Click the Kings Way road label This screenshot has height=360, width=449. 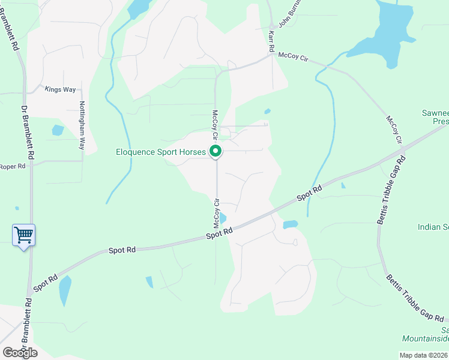coord(60,89)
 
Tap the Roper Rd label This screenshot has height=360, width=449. coord(12,166)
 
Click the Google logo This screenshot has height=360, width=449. coord(20,352)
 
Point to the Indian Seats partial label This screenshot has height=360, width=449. coord(433,227)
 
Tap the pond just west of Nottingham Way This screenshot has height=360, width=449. coord(58,130)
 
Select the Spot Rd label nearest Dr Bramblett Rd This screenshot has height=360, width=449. coord(46,283)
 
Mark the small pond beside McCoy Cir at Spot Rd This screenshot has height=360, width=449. coord(223,218)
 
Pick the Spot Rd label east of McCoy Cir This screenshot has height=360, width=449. coord(310,193)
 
